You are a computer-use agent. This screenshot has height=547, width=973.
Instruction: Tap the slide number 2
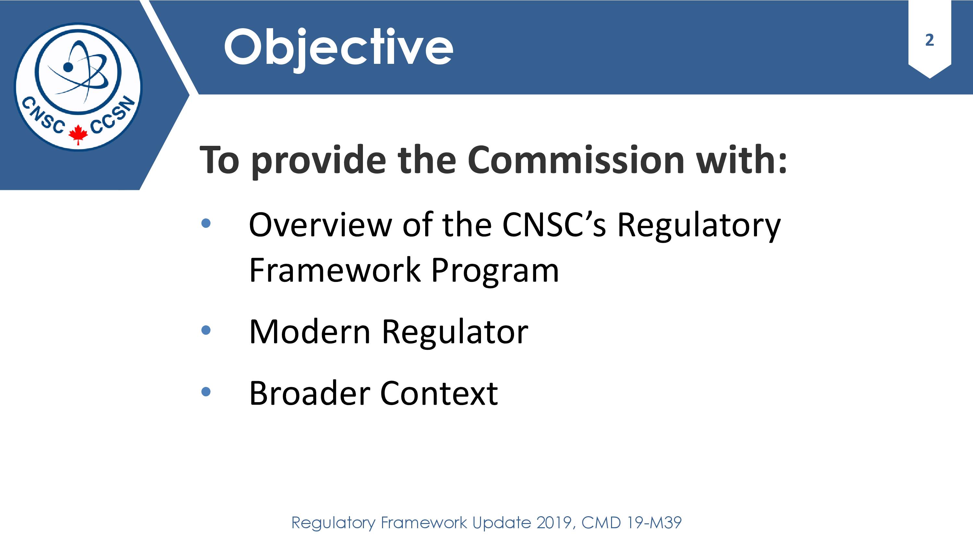point(930,40)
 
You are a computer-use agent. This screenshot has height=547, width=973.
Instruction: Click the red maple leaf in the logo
point(78,134)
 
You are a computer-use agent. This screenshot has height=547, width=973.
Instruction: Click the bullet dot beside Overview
point(206,223)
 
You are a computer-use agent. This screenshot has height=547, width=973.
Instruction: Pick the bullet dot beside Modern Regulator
point(206,330)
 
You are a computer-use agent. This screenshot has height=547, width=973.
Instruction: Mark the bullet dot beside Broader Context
point(206,392)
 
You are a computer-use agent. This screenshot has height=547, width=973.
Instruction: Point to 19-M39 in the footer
point(654,523)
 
